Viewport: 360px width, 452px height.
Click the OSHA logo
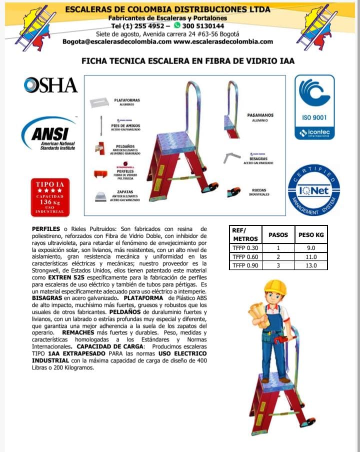(50, 85)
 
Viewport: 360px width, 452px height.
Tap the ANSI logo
(48, 134)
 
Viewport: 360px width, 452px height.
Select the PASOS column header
(278, 234)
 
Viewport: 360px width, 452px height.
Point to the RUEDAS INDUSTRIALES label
(259, 192)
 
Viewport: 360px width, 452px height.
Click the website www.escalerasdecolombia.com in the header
(223, 42)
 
